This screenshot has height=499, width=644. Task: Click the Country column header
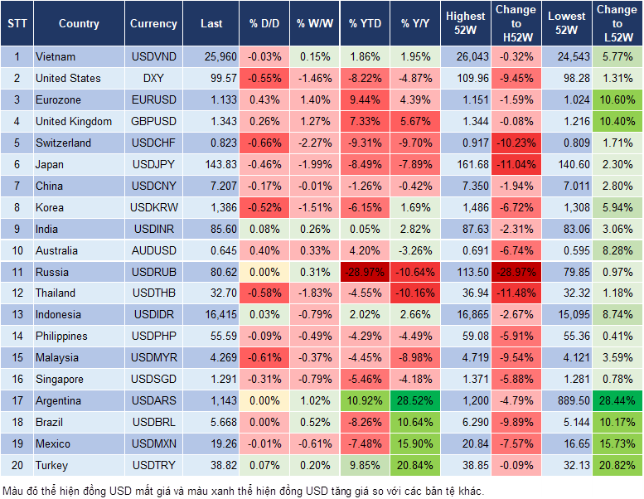(x=79, y=23)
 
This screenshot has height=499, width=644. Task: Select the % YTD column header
(x=365, y=23)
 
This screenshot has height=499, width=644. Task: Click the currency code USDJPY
(x=153, y=164)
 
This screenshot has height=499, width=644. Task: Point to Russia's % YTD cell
(x=365, y=272)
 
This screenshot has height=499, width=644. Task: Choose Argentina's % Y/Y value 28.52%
(x=416, y=401)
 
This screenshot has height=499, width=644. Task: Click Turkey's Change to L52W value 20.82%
(x=618, y=466)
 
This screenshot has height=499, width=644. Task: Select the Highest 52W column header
(x=466, y=23)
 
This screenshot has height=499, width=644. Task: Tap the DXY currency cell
(x=153, y=79)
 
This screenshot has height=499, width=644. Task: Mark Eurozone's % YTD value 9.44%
(x=365, y=100)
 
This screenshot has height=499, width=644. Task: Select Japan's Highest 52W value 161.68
(x=466, y=164)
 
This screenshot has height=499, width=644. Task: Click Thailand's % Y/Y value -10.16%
(x=416, y=293)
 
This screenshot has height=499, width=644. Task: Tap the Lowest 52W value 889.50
(x=567, y=401)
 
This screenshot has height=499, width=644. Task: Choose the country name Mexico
(x=53, y=444)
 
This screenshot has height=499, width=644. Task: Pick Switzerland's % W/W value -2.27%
(x=313, y=143)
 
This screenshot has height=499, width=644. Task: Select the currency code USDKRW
(x=153, y=207)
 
